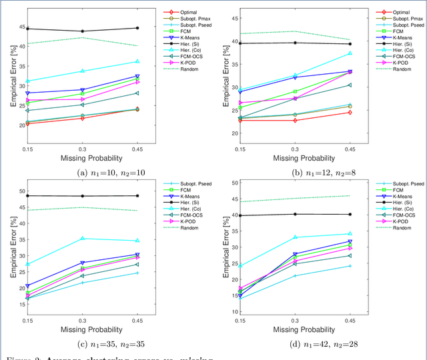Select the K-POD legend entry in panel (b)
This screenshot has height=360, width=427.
point(398,61)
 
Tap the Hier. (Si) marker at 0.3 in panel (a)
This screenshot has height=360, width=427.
point(82,31)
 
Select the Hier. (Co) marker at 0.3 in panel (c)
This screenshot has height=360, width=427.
point(82,239)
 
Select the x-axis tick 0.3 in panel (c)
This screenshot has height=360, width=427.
point(82,320)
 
